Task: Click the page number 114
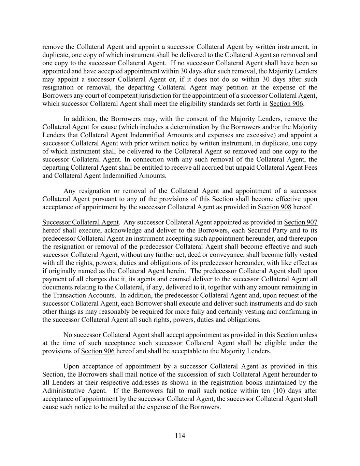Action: [x=180, y=436]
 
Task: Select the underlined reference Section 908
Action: [x=274, y=207]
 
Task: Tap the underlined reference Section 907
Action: [x=301, y=223]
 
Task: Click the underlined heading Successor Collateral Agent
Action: [x=80, y=223]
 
